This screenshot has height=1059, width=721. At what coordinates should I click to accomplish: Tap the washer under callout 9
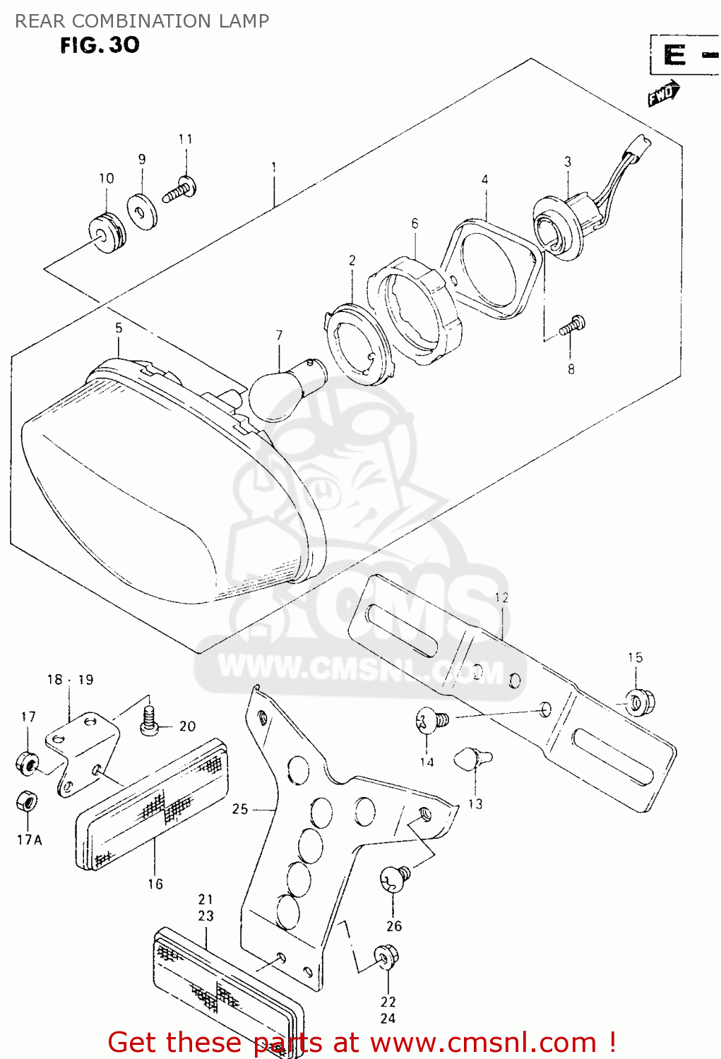[x=143, y=210]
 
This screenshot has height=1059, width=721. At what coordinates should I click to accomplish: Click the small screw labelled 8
[x=572, y=327]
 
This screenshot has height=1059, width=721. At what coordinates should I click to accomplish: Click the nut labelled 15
[x=640, y=702]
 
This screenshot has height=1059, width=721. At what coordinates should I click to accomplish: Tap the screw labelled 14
[x=430, y=721]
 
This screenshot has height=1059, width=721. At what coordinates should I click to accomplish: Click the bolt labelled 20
[x=149, y=722]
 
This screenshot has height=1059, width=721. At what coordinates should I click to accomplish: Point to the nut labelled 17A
[x=27, y=801]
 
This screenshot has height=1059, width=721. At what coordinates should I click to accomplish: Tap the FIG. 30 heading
[x=100, y=45]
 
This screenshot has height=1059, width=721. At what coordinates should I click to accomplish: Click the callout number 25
[x=240, y=809]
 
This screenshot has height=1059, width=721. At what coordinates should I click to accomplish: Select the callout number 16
[x=155, y=884]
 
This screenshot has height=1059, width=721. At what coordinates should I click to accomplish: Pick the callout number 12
[x=501, y=597]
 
